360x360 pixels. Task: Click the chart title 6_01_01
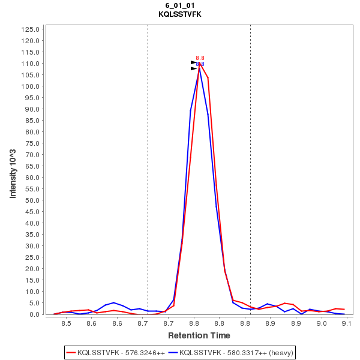tap(179, 5)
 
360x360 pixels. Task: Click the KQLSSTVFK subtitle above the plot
tap(179, 14)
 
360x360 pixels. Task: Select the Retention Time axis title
tap(199, 335)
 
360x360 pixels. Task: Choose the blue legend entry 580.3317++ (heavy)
tap(230, 352)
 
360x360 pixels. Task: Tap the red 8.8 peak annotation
tap(200, 58)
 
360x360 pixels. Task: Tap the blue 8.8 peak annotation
tap(200, 64)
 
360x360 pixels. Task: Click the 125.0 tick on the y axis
tap(30, 29)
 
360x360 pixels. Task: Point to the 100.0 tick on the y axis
tap(30, 86)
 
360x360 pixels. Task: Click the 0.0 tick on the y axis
tap(34, 314)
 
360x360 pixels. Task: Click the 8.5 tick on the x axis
tap(66, 323)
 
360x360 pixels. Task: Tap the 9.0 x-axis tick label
tap(322, 323)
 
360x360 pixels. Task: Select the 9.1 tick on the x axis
tap(347, 323)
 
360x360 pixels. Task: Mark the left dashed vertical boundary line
tap(148, 168)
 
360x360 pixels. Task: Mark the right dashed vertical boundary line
tap(250, 168)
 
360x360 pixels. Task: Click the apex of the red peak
tap(199, 63)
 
